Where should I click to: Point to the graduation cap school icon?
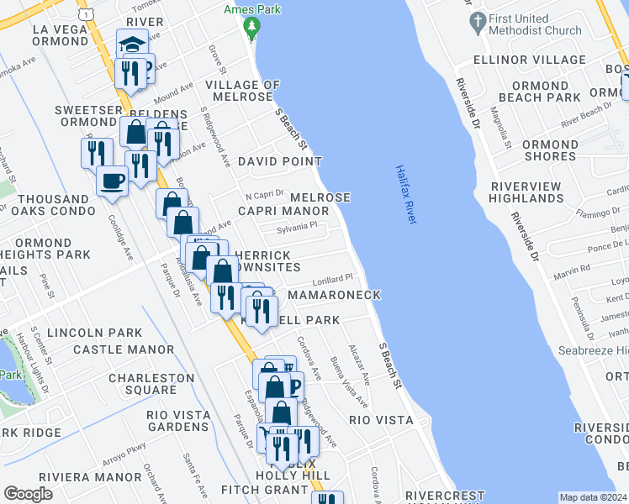[132, 44]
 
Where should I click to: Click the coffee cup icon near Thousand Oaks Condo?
[112, 180]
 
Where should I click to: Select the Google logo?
[28, 493]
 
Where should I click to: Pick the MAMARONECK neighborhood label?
[334, 295]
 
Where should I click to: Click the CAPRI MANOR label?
[283, 211]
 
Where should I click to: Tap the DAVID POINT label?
[279, 160]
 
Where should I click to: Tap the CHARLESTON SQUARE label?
[142, 384]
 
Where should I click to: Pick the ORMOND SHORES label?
[550, 150]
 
